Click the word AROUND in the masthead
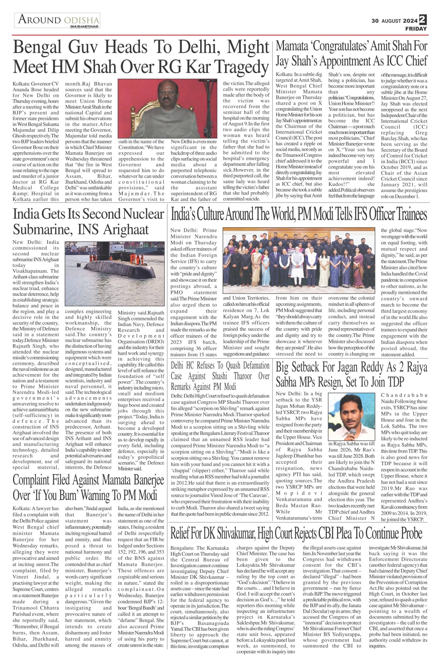[x=39, y=20]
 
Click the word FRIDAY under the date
[x=416, y=29]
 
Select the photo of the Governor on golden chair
[x=167, y=108]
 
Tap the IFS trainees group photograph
[x=299, y=261]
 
